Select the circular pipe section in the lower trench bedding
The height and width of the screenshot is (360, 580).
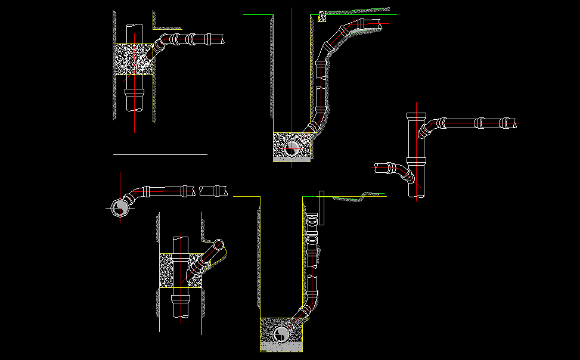281,334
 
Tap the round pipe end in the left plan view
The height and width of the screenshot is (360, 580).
119,208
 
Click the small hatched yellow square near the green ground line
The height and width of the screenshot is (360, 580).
322,17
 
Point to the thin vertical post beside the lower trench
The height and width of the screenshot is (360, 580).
321,207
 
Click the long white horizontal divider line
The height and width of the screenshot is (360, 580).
160,154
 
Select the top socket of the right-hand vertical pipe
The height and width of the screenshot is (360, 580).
415,116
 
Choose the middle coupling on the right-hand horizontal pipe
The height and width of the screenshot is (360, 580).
479,123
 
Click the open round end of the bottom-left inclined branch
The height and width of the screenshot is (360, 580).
219,246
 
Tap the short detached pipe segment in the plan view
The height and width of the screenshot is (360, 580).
214,191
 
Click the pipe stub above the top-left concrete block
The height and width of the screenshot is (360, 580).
134,33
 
